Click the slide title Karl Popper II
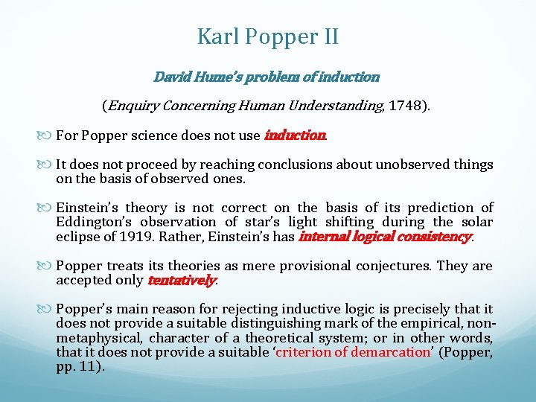[267, 36]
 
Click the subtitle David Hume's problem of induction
[267, 77]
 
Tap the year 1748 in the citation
[406, 106]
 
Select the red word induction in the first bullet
[295, 136]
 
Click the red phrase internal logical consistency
[384, 237]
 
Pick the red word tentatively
[182, 281]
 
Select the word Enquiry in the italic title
[134, 106]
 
